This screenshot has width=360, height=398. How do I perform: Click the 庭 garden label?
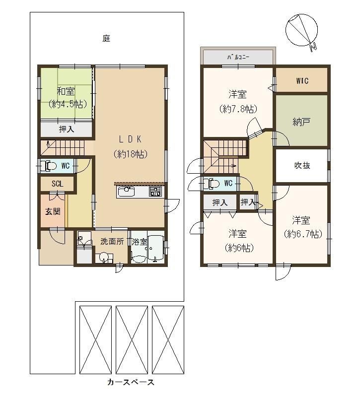[x=106, y=39]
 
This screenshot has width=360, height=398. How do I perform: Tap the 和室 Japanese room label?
[x=66, y=91]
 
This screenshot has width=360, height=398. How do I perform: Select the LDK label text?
[x=130, y=139]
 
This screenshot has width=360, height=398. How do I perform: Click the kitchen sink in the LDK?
[x=126, y=192]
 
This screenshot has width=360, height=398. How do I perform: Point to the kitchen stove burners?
[x=155, y=192]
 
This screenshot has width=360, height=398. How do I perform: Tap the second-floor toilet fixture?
[x=212, y=183]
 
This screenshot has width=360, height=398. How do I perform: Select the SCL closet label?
[x=58, y=184]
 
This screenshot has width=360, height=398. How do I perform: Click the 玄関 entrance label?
[x=53, y=211]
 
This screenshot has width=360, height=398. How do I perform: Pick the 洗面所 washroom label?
[x=112, y=241]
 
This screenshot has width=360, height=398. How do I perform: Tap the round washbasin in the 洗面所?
[x=103, y=257]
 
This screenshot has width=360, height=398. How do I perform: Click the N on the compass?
[x=313, y=47]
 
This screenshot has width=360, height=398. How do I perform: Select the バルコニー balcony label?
[x=238, y=57]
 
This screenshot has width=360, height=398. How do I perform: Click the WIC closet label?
[x=302, y=81]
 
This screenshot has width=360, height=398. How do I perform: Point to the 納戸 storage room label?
[x=301, y=123]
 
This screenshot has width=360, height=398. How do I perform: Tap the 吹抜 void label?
[x=302, y=165]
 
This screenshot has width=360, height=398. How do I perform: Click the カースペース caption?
[x=131, y=382]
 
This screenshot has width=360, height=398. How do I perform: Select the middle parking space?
[x=132, y=340]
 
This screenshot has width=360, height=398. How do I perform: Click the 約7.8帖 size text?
[x=238, y=109]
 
